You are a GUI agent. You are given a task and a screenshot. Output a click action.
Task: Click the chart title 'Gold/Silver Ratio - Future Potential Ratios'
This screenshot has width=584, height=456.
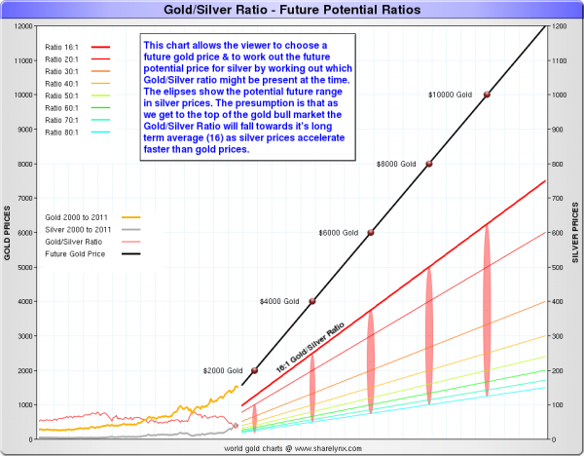(292, 10)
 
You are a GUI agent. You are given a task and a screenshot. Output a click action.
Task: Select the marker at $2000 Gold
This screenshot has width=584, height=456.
(254, 370)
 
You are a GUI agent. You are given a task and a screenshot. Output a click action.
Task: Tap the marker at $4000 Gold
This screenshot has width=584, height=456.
(312, 301)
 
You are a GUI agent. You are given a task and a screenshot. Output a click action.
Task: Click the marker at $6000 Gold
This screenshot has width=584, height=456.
(370, 232)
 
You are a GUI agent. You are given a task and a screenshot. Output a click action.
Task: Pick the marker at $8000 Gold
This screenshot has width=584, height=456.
(428, 163)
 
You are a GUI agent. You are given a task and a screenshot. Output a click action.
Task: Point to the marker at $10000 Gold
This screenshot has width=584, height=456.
(487, 94)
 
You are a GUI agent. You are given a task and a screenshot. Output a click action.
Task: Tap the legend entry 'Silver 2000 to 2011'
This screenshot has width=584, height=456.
(78, 229)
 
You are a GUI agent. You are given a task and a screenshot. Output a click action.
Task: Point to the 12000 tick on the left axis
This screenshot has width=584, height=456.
(22, 25)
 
